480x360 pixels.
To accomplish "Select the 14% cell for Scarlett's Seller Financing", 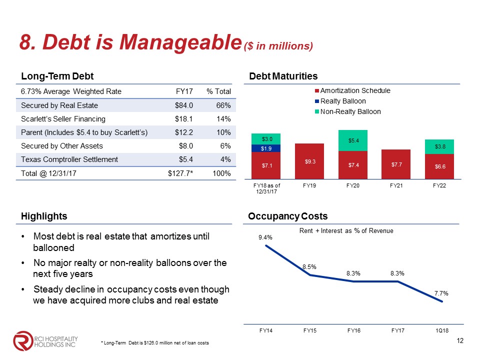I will (x=223, y=119).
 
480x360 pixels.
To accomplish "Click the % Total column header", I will (x=218, y=91).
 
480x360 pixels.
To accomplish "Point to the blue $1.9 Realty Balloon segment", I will (x=265, y=148).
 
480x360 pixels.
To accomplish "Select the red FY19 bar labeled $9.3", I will (x=310, y=161).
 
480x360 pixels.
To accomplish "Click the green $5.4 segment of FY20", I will (x=354, y=140).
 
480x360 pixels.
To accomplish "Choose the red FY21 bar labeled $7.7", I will (x=398, y=163).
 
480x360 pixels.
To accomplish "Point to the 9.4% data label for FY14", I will (x=265, y=237).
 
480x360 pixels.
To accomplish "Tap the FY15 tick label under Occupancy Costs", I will (x=310, y=330).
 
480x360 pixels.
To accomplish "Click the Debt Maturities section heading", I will (x=283, y=76).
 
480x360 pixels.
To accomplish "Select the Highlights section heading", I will (x=44, y=216).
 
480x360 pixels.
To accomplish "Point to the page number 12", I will (x=461, y=341).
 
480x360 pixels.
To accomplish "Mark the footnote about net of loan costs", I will (x=155, y=342).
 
